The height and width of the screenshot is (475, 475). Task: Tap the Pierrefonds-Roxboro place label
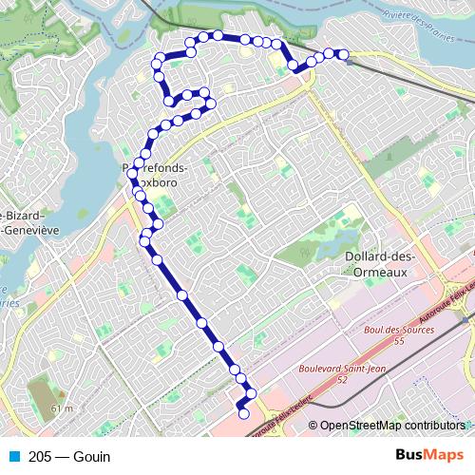[x=155, y=174]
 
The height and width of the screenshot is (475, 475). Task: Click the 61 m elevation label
[x=63, y=408]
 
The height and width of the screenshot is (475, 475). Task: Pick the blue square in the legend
[x=11, y=456]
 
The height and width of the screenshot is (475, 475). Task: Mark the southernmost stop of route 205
[x=243, y=413]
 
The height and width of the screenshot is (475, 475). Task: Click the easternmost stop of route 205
[x=343, y=54]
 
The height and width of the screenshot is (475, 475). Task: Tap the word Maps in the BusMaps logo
[x=446, y=455]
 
